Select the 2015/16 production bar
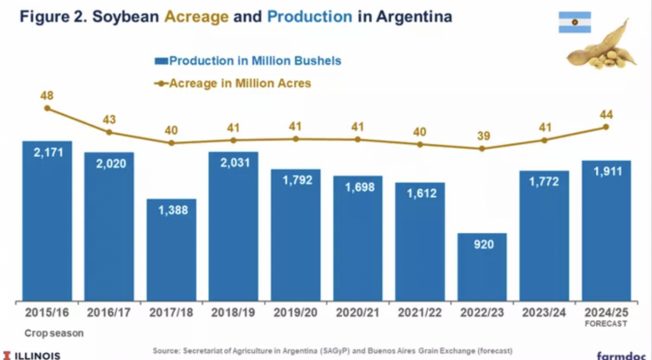(x=47, y=220)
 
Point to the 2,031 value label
(x=233, y=167)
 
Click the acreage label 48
(x=48, y=94)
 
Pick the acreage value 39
(x=482, y=135)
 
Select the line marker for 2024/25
(x=606, y=127)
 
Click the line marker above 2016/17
(x=110, y=132)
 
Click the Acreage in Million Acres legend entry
(x=235, y=83)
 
